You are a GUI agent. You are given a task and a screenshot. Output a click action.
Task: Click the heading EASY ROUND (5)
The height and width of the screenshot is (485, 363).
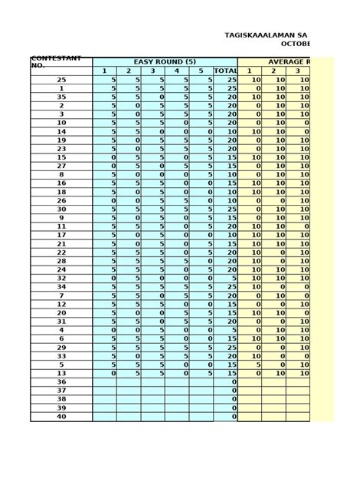click(165, 61)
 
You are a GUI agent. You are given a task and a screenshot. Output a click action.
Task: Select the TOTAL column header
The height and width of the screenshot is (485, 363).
click(225, 71)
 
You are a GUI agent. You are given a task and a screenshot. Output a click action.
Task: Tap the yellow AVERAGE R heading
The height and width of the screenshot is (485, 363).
click(289, 61)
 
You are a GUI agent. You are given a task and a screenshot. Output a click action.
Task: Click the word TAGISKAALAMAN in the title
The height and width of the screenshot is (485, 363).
click(259, 35)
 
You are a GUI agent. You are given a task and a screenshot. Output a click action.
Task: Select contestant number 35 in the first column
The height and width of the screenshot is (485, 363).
click(61, 98)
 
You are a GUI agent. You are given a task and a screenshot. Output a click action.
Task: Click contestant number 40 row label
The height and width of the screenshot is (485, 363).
click(61, 417)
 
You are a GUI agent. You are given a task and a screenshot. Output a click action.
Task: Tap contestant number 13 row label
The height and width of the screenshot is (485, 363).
click(61, 374)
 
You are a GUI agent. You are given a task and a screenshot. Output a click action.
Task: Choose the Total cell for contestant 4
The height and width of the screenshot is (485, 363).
click(225, 331)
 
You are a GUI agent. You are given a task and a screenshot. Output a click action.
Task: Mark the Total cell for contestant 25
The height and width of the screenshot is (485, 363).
click(225, 80)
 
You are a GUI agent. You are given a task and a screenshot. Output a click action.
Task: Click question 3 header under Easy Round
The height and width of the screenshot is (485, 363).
click(152, 71)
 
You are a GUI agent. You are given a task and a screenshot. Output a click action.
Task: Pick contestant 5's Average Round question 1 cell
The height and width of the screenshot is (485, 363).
click(250, 365)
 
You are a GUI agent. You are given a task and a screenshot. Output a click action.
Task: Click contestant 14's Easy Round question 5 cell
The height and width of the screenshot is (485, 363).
click(201, 132)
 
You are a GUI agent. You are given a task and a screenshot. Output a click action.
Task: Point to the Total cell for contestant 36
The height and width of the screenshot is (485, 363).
click(225, 382)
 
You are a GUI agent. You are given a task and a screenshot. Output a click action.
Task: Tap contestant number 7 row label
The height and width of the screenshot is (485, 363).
click(61, 295)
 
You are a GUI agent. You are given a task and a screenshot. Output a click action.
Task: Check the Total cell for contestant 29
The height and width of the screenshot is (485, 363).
click(225, 348)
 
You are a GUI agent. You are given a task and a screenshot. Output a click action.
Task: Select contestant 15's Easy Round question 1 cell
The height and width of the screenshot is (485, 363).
click(104, 157)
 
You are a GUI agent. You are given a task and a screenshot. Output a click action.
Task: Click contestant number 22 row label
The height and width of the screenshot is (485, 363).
click(61, 252)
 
